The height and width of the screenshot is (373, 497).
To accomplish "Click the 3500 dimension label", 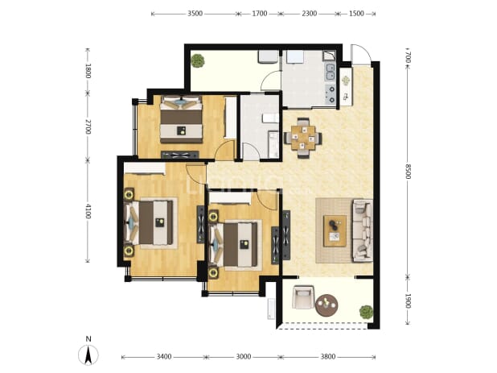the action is [195, 14].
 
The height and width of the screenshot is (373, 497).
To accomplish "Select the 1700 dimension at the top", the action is [259, 14].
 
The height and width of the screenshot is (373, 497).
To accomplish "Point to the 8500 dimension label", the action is [409, 172].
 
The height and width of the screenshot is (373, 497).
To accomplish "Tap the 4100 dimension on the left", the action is [88, 211].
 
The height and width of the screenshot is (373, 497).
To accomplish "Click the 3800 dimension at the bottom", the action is [328, 357].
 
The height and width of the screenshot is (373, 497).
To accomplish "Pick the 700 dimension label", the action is [409, 57].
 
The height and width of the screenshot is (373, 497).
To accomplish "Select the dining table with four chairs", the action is [303, 138].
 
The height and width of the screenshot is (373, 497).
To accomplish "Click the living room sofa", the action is [362, 230].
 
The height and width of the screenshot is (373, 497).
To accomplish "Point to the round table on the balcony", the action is [327, 305].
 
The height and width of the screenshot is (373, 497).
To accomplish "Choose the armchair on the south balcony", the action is [302, 296].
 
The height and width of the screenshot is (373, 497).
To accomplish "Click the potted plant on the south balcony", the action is [366, 312].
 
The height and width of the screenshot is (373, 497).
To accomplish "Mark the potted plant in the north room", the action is [198, 60].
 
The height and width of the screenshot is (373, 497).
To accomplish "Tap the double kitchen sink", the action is [330, 72].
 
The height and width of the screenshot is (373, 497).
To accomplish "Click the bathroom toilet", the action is [270, 118].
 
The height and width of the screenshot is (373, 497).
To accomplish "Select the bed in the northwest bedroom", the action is [181, 119].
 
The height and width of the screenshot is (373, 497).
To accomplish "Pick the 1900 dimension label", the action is [409, 300].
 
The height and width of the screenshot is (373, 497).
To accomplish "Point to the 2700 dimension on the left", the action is [88, 126].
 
